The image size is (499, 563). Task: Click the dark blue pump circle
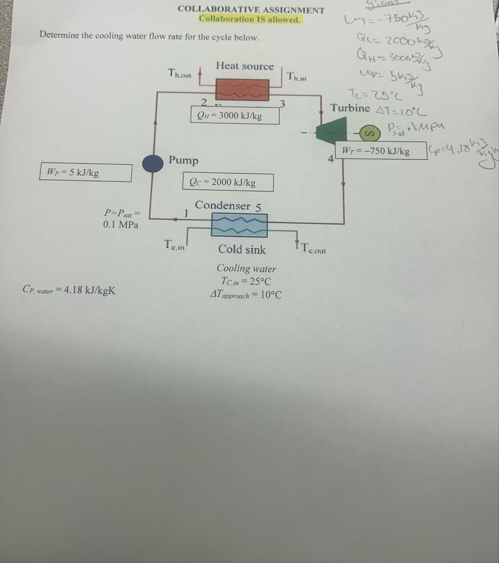coord(153,164)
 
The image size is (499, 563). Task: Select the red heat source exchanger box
coord(242,90)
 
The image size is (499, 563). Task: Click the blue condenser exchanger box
coord(239,225)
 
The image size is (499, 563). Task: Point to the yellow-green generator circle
coord(370,134)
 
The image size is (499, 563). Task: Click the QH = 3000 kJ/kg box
coord(235,115)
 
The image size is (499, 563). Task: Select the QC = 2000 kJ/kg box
coord(228,182)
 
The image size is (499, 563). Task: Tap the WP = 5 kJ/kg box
coord(85,172)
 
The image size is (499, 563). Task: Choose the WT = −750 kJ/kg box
coord(381,151)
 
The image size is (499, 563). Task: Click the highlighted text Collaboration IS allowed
coord(249,19)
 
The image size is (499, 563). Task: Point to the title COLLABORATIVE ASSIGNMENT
coord(251,10)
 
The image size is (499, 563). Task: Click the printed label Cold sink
coord(242,249)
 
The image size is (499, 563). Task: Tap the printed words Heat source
coord(245,66)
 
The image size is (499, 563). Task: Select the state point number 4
coord(331,159)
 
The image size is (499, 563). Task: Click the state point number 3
coord(282,104)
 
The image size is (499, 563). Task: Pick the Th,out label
coord(179,73)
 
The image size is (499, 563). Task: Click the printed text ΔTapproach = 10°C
coord(246,295)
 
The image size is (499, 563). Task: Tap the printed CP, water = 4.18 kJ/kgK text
coord(69,290)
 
